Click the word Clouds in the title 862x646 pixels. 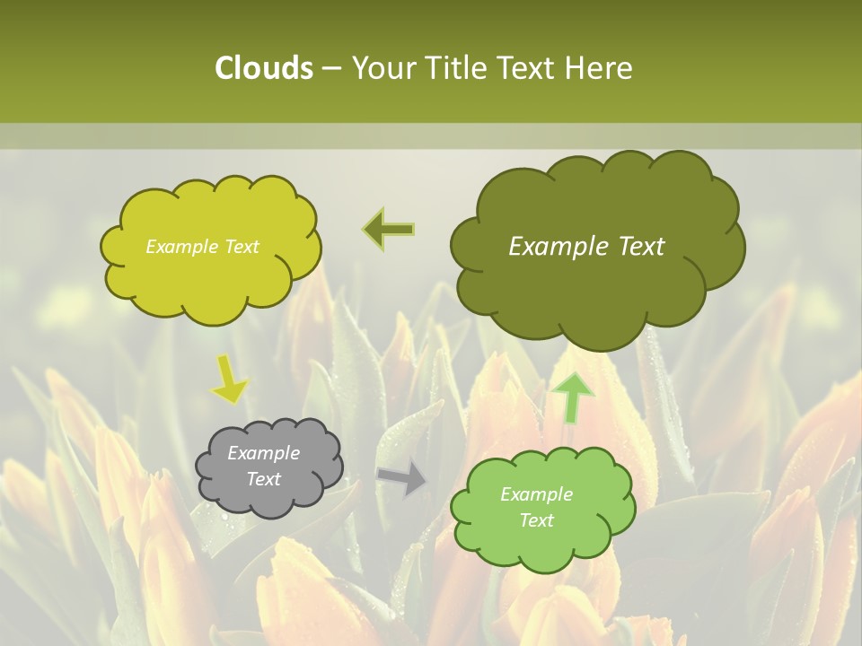pyautogui.click(x=263, y=68)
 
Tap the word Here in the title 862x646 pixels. pyautogui.click(x=599, y=68)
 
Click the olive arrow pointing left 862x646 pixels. pyautogui.click(x=390, y=229)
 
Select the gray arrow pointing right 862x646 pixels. pyautogui.click(x=403, y=478)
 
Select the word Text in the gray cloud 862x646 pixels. pyautogui.click(x=264, y=479)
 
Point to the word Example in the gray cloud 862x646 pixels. pyautogui.click(x=264, y=453)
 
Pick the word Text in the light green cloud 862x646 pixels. pyautogui.click(x=536, y=520)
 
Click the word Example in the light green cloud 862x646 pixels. pyautogui.click(x=536, y=494)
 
